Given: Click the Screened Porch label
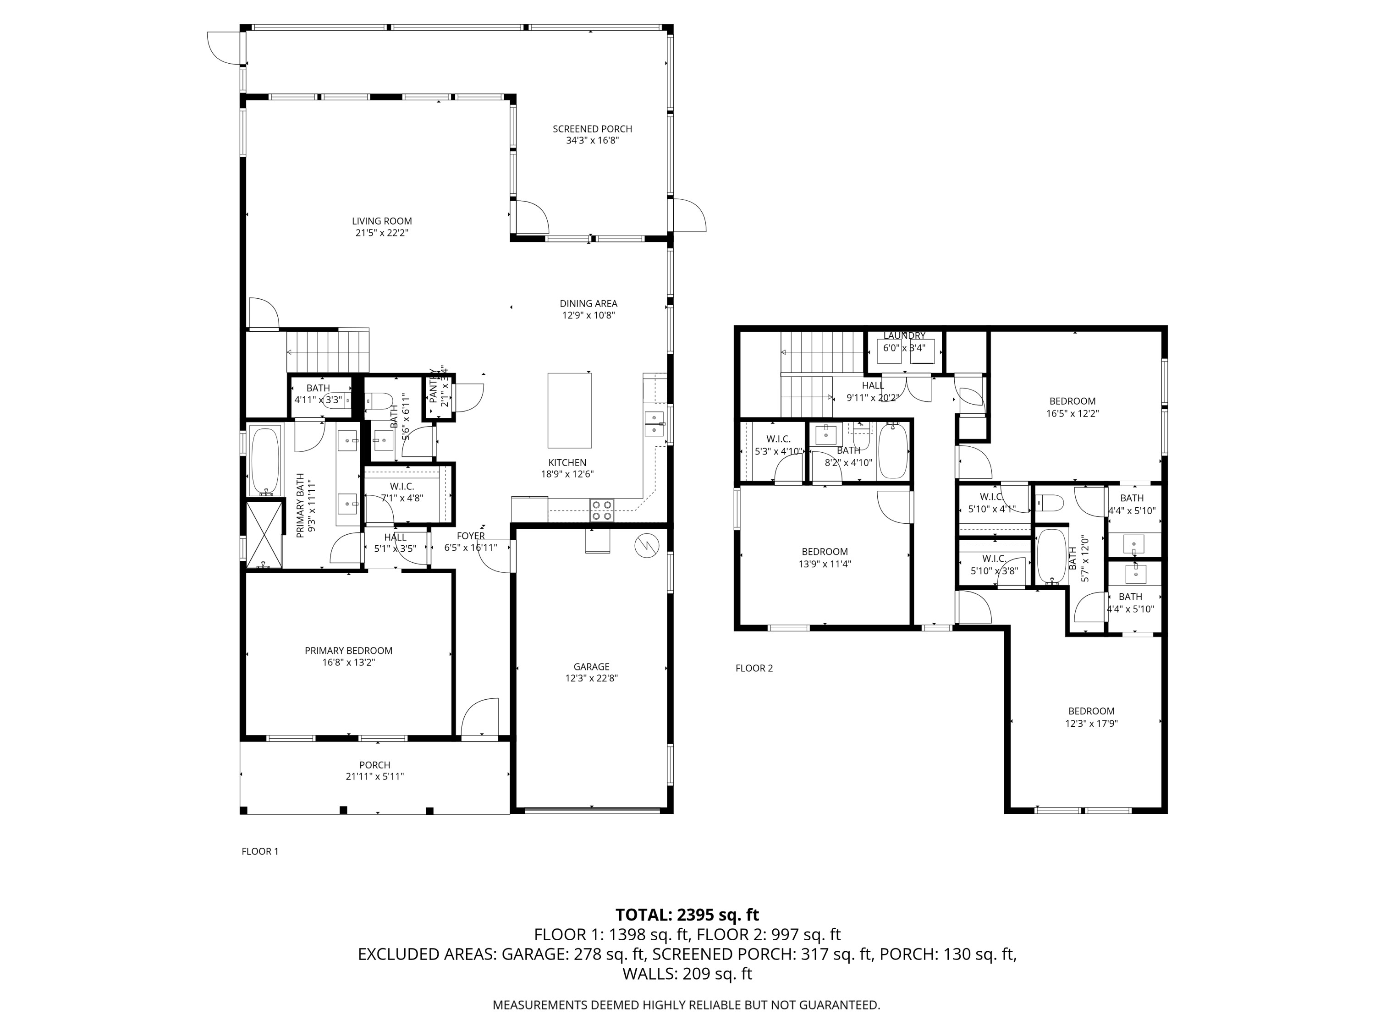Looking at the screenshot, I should [592, 129].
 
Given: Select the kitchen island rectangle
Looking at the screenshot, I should [569, 410].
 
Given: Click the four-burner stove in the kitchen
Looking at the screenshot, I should [601, 510].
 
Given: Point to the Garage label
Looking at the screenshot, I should [591, 667].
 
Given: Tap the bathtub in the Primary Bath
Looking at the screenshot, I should [265, 461].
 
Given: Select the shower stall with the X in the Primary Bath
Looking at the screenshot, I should [264, 534].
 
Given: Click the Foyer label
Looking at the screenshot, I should [471, 536].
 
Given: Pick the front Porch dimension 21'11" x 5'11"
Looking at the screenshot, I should [375, 776].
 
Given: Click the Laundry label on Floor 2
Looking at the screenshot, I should [904, 335].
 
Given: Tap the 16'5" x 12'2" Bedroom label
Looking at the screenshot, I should [1072, 401].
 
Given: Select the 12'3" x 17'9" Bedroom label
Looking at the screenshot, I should [1091, 711].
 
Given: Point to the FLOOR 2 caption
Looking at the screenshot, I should [754, 668].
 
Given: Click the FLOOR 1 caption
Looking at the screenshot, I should [260, 851].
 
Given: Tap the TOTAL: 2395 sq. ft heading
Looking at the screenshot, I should [687, 915].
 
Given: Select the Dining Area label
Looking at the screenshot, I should [588, 304].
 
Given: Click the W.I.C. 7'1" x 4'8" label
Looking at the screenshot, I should [402, 487].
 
